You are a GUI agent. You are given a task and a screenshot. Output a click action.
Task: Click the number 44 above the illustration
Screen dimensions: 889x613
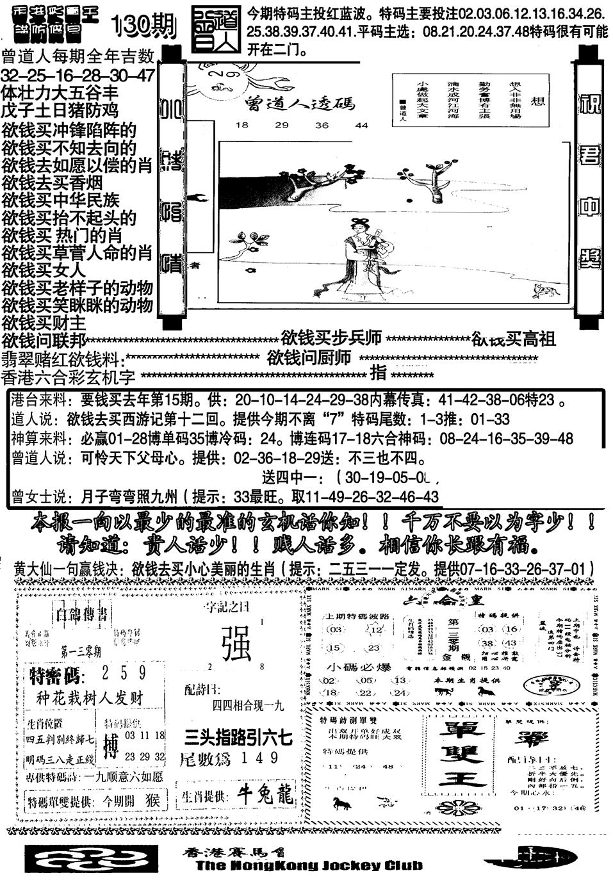[361, 126]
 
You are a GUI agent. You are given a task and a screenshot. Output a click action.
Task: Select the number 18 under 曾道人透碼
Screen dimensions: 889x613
[241, 126]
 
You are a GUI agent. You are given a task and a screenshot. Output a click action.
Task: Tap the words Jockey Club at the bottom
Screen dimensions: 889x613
[370, 866]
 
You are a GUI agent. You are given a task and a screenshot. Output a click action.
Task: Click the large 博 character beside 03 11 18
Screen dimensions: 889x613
[111, 747]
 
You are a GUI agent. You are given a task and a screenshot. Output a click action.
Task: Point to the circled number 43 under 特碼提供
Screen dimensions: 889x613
[511, 644]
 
